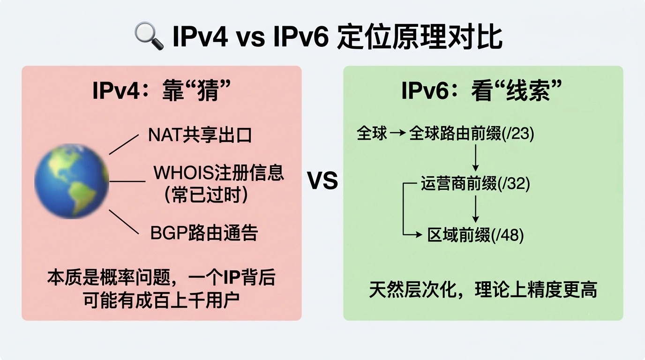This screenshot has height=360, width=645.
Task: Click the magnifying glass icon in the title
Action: tap(149, 36)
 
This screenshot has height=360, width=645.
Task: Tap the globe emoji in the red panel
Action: tap(72, 181)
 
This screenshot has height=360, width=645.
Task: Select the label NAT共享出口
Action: tap(200, 135)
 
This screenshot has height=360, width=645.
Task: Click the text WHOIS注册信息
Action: tap(219, 173)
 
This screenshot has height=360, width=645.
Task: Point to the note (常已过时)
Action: tap(206, 195)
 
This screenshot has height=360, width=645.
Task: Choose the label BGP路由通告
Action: tap(204, 232)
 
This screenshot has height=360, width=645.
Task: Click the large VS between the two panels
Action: tap(322, 181)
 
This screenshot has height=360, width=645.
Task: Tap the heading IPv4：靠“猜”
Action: tap(162, 90)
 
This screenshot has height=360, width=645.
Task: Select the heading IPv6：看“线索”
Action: tap(482, 90)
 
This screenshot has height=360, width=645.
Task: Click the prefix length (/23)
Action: tap(517, 133)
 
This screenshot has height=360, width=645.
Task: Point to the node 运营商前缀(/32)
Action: tap(475, 183)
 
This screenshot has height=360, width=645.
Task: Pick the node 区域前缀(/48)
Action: tap(475, 235)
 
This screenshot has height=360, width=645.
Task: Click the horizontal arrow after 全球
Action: tap(397, 133)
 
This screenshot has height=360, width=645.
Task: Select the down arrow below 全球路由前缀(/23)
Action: tap(475, 158)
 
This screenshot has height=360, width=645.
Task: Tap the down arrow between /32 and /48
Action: tap(475, 209)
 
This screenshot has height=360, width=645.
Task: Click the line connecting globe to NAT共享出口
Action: tap(124, 144)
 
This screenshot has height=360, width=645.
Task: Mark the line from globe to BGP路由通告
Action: tap(124, 222)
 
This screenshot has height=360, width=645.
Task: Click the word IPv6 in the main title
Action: tap(301, 37)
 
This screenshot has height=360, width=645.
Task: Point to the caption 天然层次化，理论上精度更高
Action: tap(483, 290)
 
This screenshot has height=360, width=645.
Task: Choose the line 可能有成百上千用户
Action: tap(162, 300)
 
